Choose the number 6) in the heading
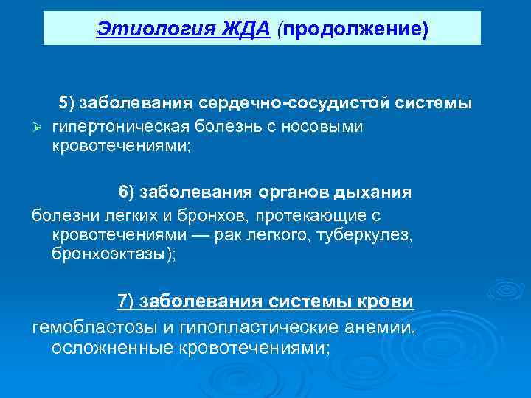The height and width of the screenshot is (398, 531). pyautogui.click(x=127, y=192)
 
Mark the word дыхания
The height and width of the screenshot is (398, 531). pyautogui.click(x=374, y=192)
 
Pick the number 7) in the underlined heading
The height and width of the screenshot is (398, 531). pyautogui.click(x=126, y=302)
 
